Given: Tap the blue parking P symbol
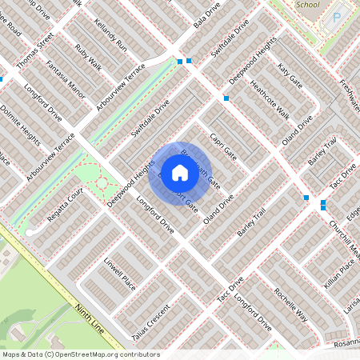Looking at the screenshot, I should click(336, 16).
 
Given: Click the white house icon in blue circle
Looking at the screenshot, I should click(180, 172).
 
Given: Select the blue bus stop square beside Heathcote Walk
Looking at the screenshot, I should click(227, 98).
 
